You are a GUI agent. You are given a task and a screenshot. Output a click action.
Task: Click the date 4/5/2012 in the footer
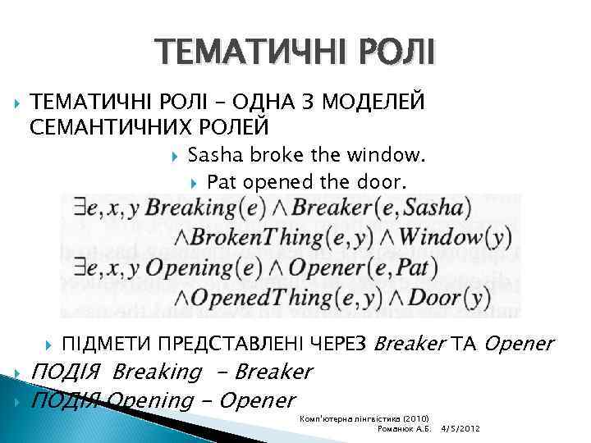click(x=462, y=429)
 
